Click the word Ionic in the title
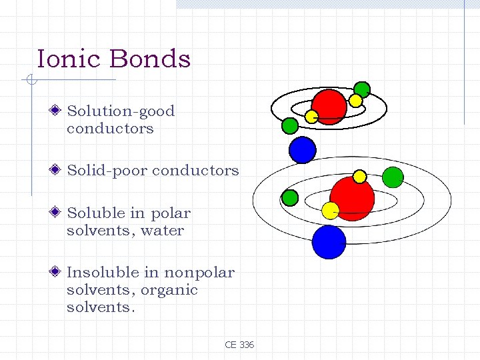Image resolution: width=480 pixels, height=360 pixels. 67,59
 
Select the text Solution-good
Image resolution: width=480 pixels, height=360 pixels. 121,111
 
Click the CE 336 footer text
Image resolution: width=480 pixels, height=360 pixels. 239,345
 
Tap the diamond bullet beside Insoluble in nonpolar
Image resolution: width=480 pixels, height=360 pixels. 59,272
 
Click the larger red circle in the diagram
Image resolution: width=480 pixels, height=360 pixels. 352,198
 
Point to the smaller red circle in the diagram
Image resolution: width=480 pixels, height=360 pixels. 329,106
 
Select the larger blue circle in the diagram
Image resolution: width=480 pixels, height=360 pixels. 329,242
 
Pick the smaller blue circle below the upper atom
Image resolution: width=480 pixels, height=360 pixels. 302,150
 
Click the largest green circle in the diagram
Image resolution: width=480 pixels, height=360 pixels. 393,177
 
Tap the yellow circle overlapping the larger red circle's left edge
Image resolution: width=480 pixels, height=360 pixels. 331,211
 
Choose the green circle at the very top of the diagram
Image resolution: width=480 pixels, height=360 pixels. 361,89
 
